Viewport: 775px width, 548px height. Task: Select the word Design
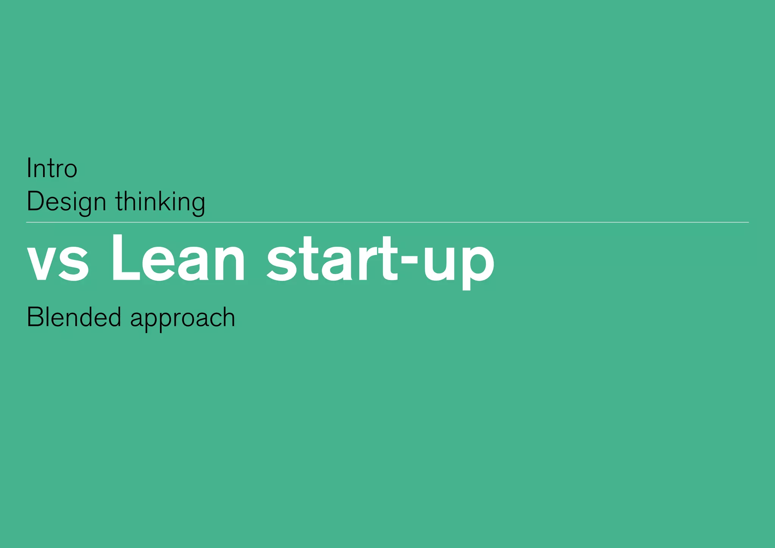pos(66,202)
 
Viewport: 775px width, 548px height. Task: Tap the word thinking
pos(160,202)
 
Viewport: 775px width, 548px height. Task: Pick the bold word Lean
pos(178,259)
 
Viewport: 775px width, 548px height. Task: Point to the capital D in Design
pos(35,201)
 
